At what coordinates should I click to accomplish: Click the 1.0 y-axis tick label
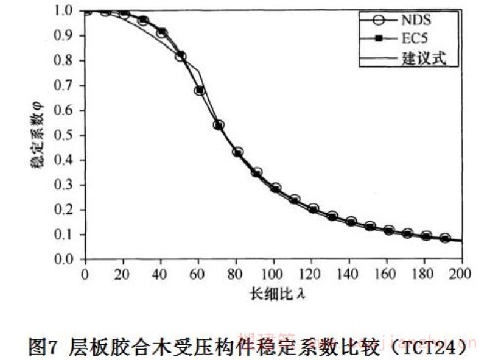tap(67, 10)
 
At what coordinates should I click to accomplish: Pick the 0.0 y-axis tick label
tap(67, 260)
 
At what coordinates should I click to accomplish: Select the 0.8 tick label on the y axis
tap(67, 60)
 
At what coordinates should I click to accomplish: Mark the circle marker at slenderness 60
tap(199, 91)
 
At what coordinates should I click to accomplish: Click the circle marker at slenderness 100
tap(275, 188)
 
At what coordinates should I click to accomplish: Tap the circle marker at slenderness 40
tap(161, 33)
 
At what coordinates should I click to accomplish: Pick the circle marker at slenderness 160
tap(388, 230)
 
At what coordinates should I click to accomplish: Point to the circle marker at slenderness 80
tap(237, 152)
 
